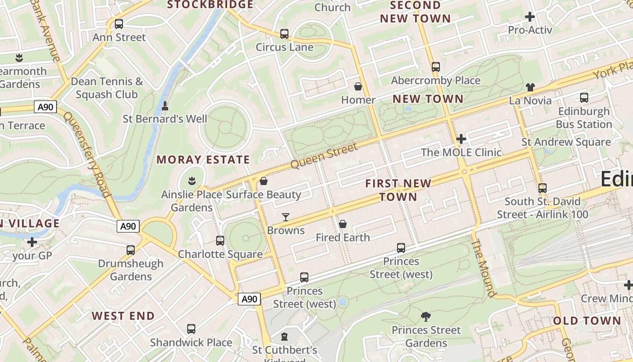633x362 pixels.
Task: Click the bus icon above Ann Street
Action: (x=119, y=24)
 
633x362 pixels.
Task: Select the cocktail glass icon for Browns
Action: (x=285, y=217)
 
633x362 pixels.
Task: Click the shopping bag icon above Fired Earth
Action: (x=343, y=224)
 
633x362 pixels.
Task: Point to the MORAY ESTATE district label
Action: (x=203, y=160)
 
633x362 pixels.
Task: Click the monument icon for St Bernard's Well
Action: (x=165, y=106)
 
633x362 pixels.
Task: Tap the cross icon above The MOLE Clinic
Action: (x=461, y=139)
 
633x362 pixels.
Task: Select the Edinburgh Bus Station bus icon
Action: (x=584, y=98)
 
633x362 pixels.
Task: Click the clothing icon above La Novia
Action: (x=530, y=87)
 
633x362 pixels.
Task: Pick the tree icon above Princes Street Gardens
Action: (x=425, y=317)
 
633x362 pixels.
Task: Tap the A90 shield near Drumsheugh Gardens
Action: (x=128, y=226)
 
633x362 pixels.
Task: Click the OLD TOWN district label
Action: (x=587, y=321)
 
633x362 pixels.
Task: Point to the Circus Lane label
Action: (x=284, y=47)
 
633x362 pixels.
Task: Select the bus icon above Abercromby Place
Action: (x=435, y=67)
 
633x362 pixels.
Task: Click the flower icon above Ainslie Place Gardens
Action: (x=192, y=181)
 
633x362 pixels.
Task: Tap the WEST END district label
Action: (x=123, y=316)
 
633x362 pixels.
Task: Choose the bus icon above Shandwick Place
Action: (x=191, y=329)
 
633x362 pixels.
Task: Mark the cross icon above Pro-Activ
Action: (x=530, y=17)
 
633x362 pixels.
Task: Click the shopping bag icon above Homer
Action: (x=358, y=86)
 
